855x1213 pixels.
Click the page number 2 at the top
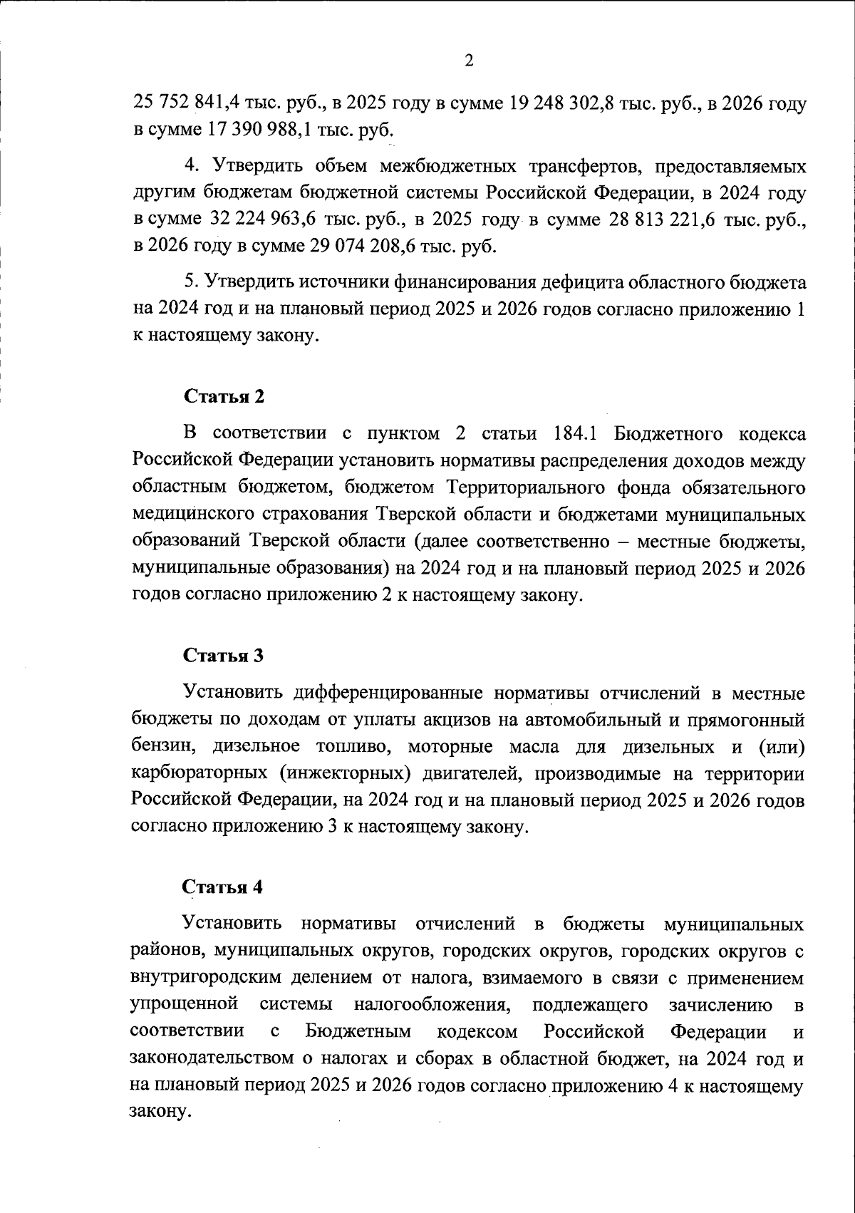[468, 61]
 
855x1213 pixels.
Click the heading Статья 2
[224, 397]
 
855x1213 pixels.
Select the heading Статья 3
[224, 656]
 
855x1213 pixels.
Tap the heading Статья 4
[223, 887]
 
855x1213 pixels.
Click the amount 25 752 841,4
[186, 103]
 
